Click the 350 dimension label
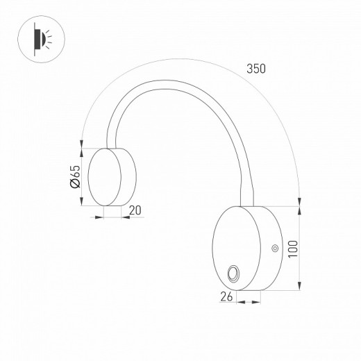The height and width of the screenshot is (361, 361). coord(256,69)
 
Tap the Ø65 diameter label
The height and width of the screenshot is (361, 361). coord(76,177)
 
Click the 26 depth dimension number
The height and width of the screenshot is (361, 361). coord(226,296)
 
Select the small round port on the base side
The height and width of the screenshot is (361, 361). coord(274,248)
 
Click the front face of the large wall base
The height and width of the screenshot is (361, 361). coord(239,248)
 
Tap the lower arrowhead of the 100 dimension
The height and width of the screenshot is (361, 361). coord(299,287)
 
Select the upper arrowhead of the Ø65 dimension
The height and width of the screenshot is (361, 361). coord(83,149)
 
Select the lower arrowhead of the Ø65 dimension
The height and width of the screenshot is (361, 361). coord(83,203)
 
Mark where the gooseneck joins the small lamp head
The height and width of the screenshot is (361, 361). coord(110,146)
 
